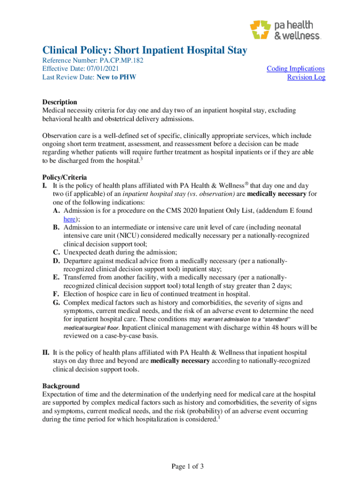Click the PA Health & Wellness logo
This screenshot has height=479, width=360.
[285, 30]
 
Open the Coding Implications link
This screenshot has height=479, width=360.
[295, 69]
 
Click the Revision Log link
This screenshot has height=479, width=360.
[306, 77]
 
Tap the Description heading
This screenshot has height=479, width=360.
[60, 102]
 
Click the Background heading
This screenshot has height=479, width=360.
[61, 386]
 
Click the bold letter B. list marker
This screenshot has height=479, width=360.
[56, 227]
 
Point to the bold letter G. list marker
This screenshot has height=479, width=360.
[56, 303]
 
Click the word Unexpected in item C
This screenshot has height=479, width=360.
[80, 252]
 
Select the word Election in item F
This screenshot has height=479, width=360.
[76, 294]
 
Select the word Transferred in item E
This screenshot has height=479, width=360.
[80, 277]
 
